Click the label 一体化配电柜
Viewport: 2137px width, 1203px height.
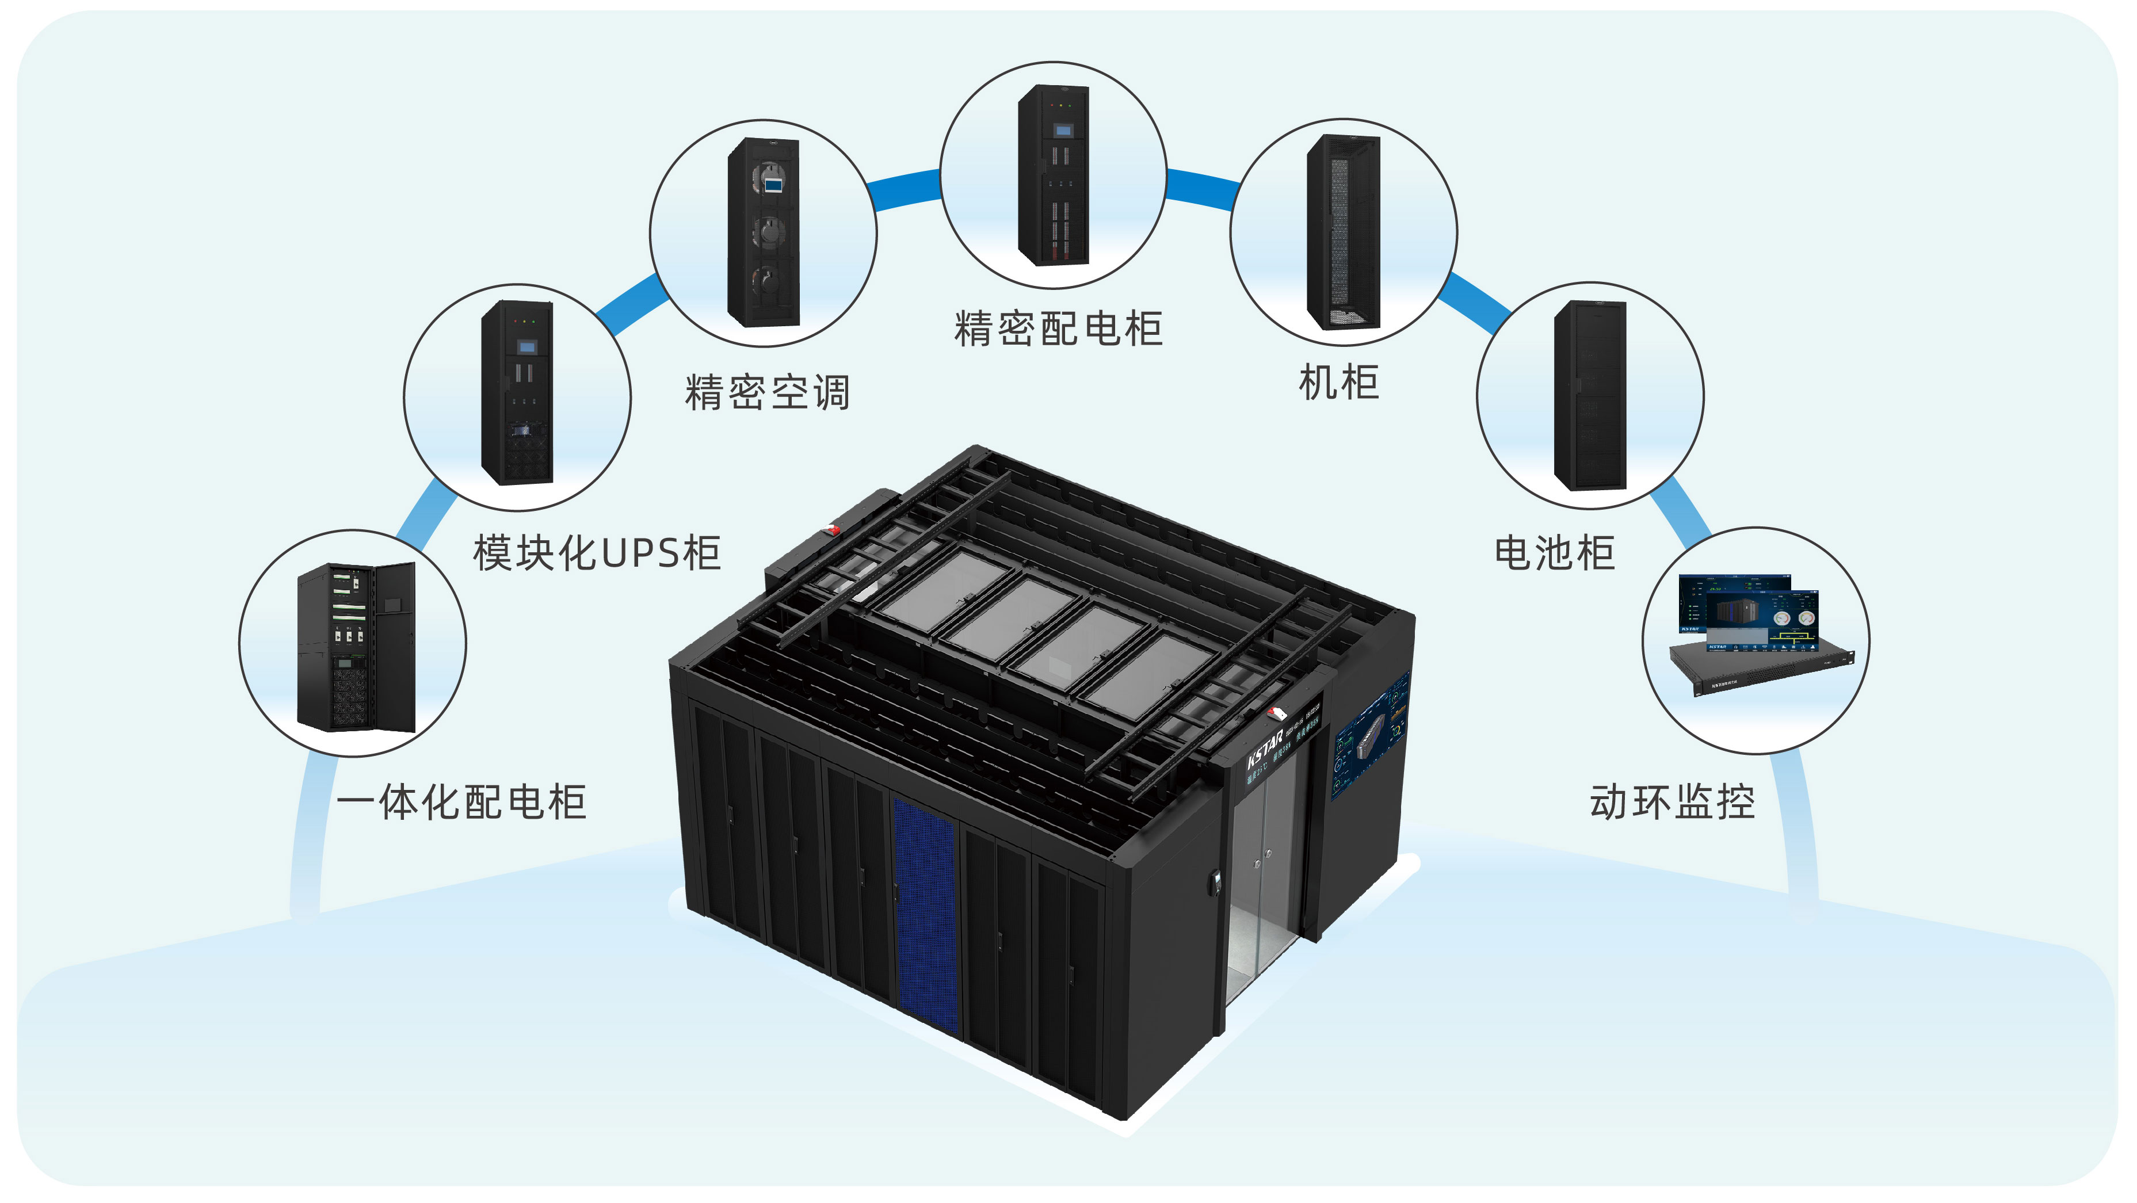461,802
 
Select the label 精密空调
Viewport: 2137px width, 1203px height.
768,392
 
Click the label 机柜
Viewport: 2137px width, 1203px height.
1339,383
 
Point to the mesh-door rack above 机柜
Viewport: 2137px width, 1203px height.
1343,232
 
